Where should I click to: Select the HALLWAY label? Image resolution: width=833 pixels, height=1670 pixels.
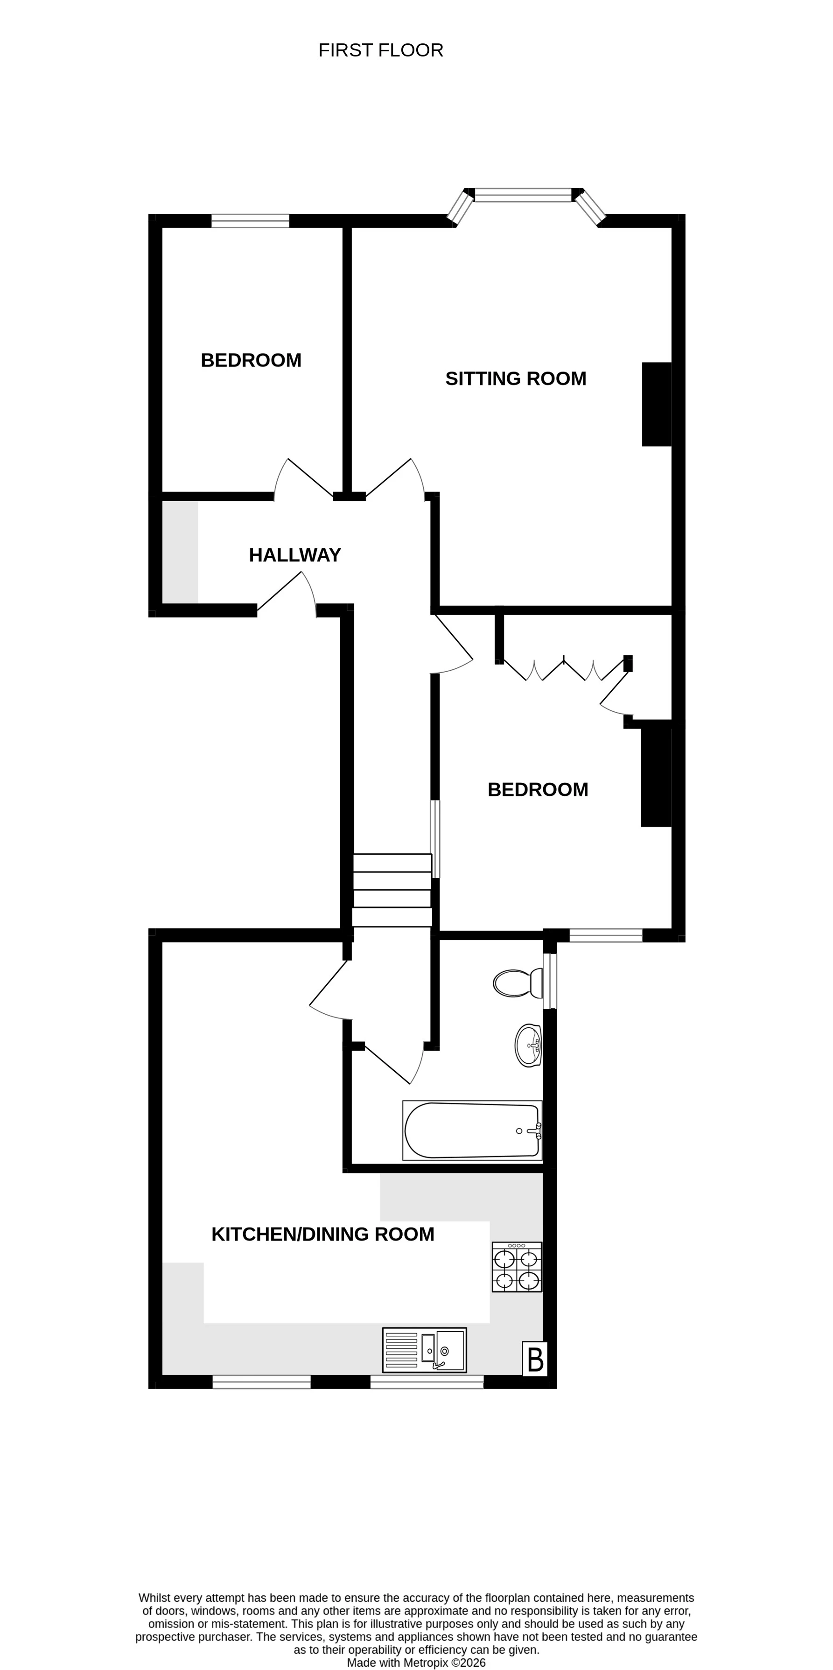click(x=295, y=555)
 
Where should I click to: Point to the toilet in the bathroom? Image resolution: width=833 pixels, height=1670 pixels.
click(x=518, y=983)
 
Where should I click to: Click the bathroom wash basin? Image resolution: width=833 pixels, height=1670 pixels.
click(x=528, y=1045)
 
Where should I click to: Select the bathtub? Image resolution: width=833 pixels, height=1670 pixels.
click(x=472, y=1130)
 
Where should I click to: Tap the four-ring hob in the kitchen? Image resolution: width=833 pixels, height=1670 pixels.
click(x=517, y=1267)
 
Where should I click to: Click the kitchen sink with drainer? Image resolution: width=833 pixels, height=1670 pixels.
click(x=425, y=1350)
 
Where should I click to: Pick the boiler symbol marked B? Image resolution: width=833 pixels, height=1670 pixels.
click(x=535, y=1359)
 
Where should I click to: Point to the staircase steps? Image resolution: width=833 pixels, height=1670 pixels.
click(x=392, y=890)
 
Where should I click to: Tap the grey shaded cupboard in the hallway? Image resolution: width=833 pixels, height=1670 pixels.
click(x=180, y=552)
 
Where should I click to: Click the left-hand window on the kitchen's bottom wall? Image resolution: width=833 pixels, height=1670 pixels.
click(x=261, y=1382)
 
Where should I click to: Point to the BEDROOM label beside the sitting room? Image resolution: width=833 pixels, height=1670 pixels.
click(x=251, y=360)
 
